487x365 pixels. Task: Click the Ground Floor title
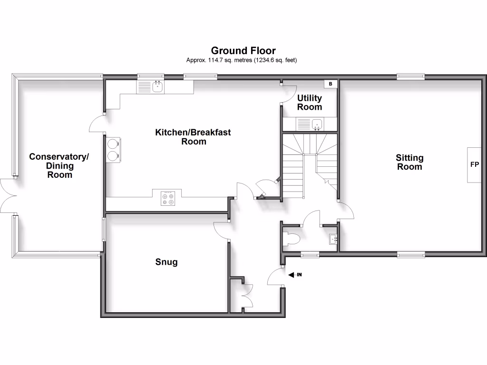(x=243, y=50)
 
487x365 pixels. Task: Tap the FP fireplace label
(x=474, y=165)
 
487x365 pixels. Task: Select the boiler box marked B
(x=331, y=84)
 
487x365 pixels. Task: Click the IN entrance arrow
(x=295, y=275)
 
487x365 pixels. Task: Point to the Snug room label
(x=166, y=262)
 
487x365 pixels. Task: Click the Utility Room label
(x=310, y=103)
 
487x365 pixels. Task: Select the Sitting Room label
(x=409, y=162)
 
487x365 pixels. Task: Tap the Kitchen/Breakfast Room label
(x=193, y=137)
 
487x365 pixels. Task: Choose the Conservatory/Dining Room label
(x=59, y=165)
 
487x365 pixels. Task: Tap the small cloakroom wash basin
(x=332, y=239)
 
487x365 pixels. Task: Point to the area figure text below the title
(x=243, y=60)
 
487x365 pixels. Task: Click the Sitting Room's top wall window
(x=411, y=75)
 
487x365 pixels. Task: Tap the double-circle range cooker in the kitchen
(x=113, y=150)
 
